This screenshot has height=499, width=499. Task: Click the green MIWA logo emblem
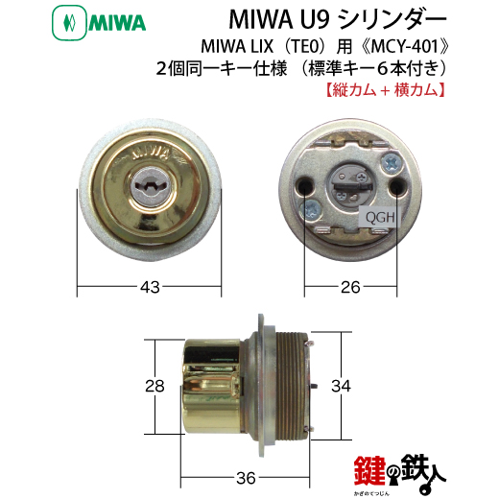pos(69,23)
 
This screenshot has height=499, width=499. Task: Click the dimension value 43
pos(150,287)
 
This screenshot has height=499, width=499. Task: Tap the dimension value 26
pos(350,287)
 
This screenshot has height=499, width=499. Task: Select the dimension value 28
pos(154,386)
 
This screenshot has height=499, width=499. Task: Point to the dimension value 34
pos(341,386)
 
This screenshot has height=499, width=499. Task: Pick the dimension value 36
pos(246,479)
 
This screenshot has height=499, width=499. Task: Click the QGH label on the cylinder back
pos(380,218)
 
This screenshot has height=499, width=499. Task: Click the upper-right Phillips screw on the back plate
pos(392,162)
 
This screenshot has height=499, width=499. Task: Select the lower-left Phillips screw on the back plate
pos(311,209)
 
